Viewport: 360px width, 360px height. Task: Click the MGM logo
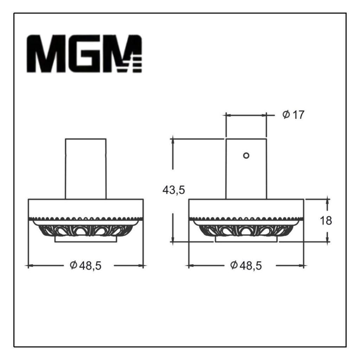pyautogui.click(x=84, y=54)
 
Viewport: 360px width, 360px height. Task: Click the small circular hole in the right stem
pyautogui.click(x=246, y=156)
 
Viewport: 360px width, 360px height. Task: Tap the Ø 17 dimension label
pyautogui.click(x=293, y=115)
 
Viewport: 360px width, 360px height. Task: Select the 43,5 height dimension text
pyautogui.click(x=174, y=190)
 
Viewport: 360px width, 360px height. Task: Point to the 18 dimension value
pyautogui.click(x=326, y=221)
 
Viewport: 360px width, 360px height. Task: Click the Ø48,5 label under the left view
pyautogui.click(x=85, y=266)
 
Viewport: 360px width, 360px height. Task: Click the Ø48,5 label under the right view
pyautogui.click(x=246, y=266)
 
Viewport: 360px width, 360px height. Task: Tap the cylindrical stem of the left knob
pyautogui.click(x=86, y=169)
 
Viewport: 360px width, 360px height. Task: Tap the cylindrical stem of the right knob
pyautogui.click(x=246, y=169)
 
